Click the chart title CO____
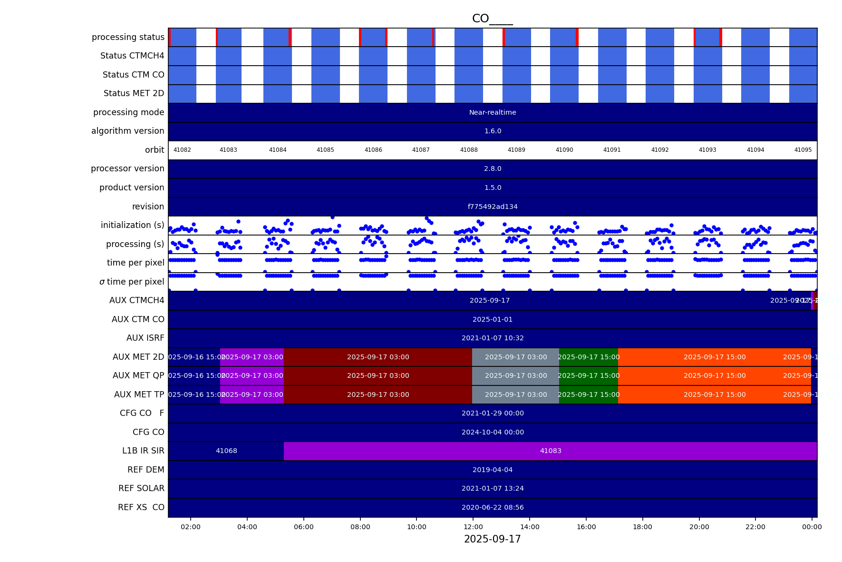tap(492, 19)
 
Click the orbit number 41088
tap(469, 150)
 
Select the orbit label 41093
tap(707, 150)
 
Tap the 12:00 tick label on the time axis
tap(473, 527)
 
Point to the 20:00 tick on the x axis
tap(699, 527)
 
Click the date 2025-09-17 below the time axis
tap(492, 539)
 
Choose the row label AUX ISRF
tap(145, 338)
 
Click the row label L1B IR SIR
tap(143, 451)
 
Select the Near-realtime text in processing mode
tap(493, 112)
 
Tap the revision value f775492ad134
tap(493, 207)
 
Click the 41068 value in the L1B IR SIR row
tap(226, 451)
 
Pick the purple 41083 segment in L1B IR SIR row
tap(551, 451)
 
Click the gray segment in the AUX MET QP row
tap(516, 375)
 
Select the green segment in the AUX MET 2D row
tap(589, 357)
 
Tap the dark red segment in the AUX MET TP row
tap(378, 394)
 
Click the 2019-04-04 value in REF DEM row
tap(493, 470)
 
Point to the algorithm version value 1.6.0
tap(493, 131)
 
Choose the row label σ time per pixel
tap(132, 282)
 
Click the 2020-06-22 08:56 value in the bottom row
tap(493, 507)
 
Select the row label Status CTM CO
tap(133, 75)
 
